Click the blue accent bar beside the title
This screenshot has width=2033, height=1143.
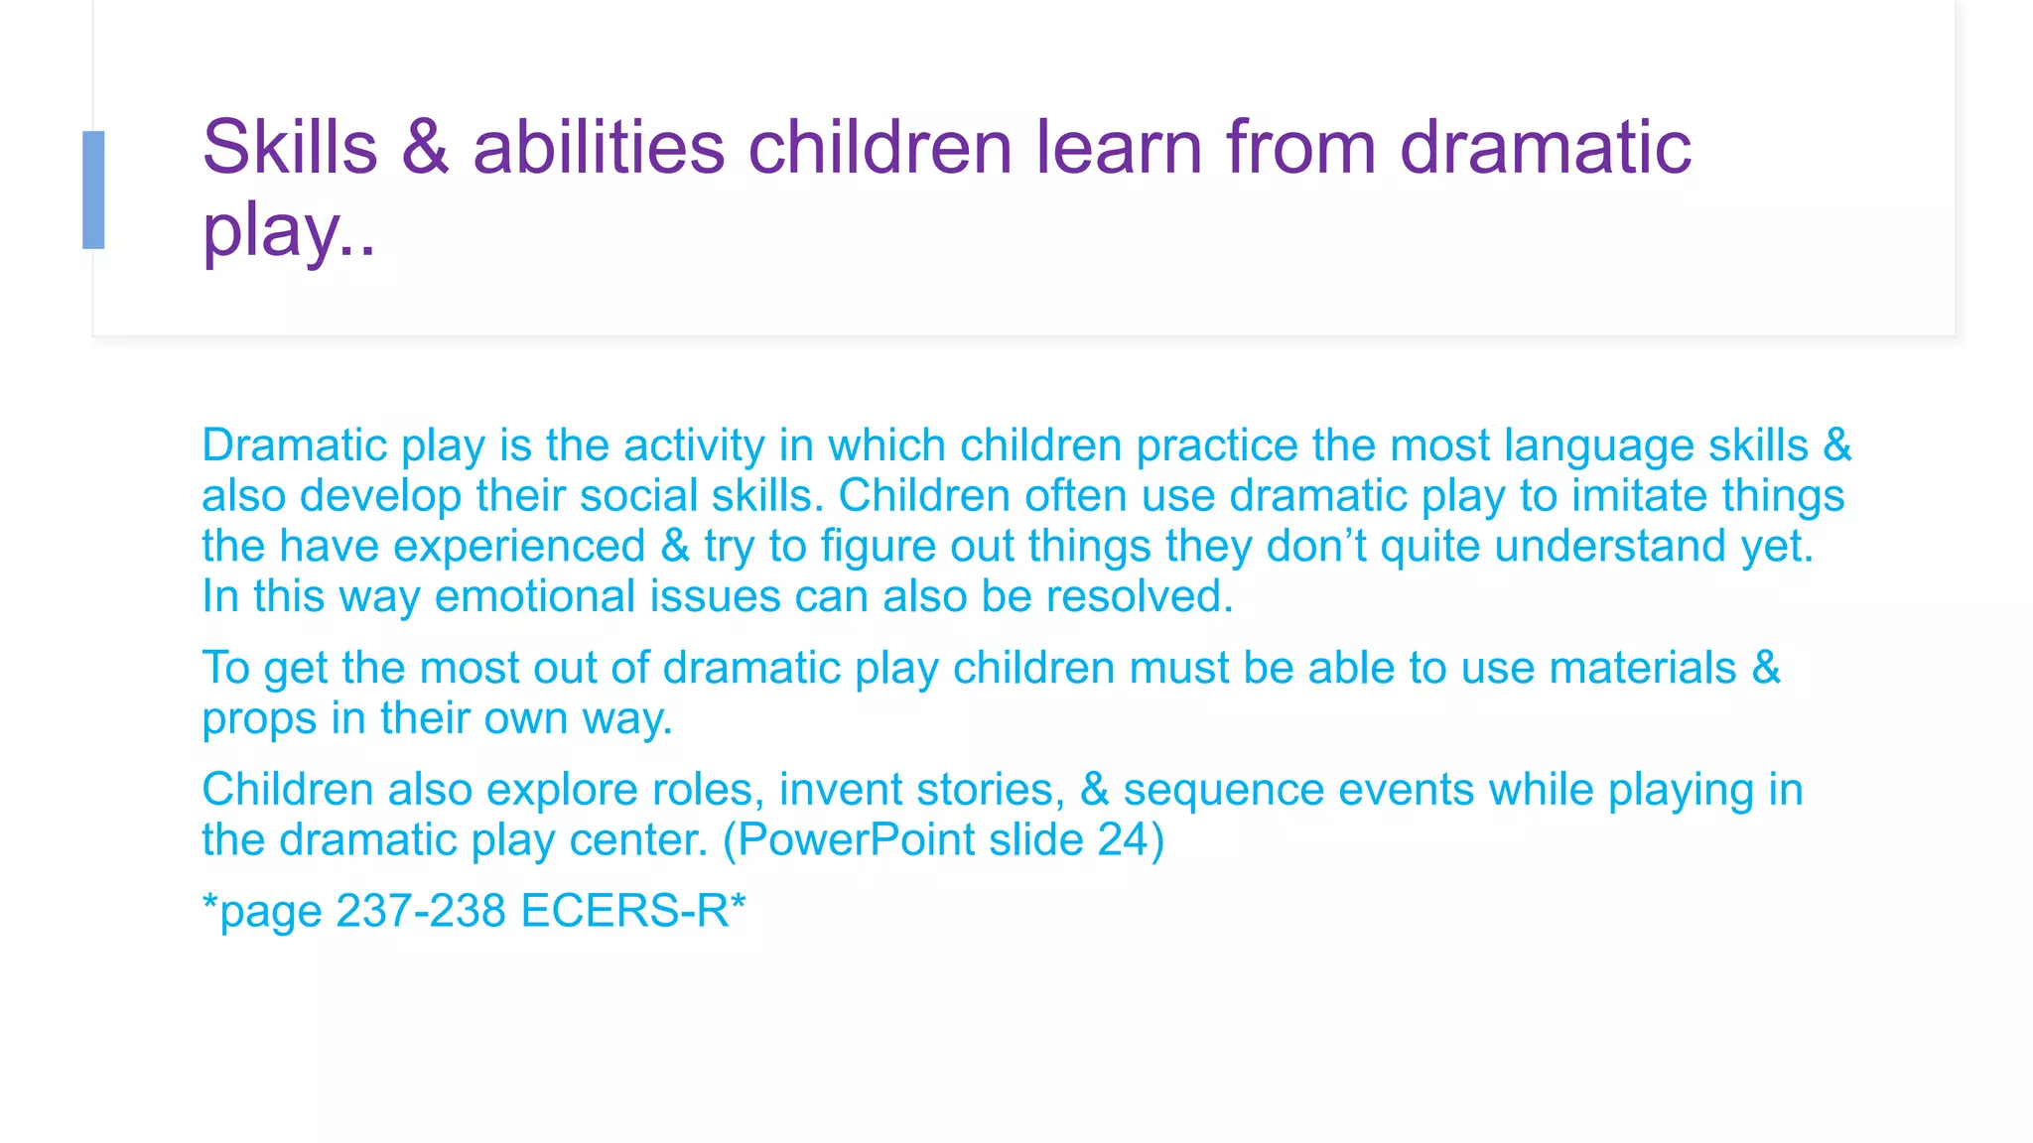93,190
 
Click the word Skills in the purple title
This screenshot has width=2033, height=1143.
290,148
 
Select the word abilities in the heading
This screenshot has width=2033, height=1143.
599,148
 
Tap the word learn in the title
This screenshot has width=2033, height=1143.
1119,148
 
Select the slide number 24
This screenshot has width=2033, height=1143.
1123,840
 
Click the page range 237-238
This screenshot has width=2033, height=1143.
421,911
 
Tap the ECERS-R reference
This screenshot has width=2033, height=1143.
624,911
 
